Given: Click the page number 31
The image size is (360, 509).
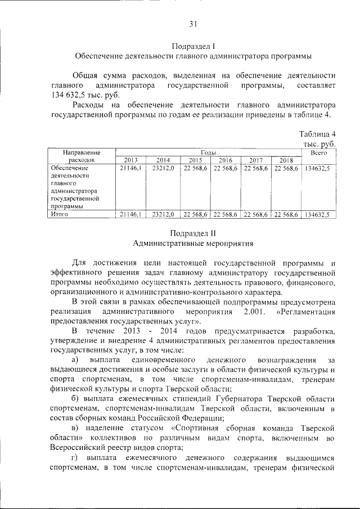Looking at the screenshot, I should coord(193,24).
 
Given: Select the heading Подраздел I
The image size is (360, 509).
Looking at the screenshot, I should coord(193,46).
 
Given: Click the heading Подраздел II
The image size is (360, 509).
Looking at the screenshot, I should coord(193,233).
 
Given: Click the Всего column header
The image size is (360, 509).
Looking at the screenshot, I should coord(319,152).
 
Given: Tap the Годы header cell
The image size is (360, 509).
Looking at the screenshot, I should coord(208,152).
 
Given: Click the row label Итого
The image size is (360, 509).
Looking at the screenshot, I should coord(59,214).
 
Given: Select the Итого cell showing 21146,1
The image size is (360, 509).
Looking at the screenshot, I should coord(130,214).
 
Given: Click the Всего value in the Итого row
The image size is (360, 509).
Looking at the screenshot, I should coord(318,214).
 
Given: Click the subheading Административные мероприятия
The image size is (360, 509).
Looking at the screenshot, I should coord(193,244).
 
